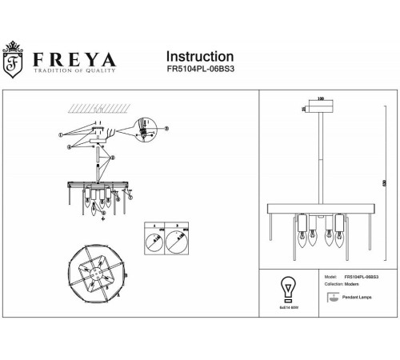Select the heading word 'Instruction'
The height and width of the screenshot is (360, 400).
(x=199, y=57)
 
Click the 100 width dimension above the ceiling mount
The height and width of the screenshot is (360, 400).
(x=322, y=99)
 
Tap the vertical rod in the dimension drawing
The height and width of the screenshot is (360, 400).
(x=322, y=156)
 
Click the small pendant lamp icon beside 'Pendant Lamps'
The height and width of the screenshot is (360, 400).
(x=332, y=298)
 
